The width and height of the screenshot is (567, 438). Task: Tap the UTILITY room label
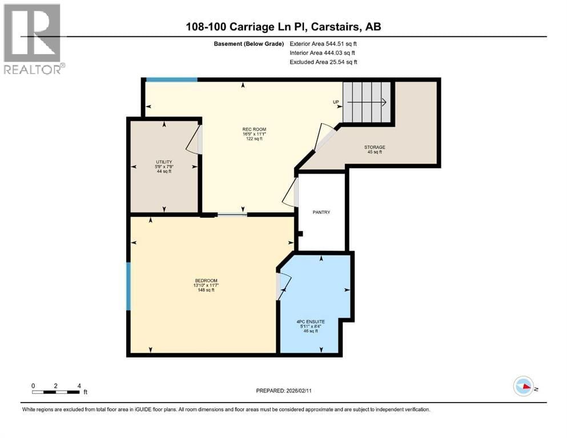click(x=164, y=162)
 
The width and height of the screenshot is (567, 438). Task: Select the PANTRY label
click(x=321, y=212)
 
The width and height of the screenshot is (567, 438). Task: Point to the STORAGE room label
click(x=375, y=147)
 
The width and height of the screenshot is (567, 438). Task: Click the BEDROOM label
click(x=206, y=281)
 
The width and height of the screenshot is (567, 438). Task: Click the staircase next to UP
click(x=368, y=102)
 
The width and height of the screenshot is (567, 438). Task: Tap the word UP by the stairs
click(x=337, y=103)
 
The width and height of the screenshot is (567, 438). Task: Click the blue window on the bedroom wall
click(x=128, y=286)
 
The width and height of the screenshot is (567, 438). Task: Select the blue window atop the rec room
click(x=171, y=80)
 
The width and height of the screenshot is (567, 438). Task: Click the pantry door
click(x=291, y=193)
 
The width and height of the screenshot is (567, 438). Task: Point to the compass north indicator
click(x=524, y=386)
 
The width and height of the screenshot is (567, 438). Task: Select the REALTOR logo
click(x=34, y=39)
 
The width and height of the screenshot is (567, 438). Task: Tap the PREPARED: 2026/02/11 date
click(x=283, y=391)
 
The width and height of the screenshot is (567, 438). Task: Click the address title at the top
click(x=283, y=26)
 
